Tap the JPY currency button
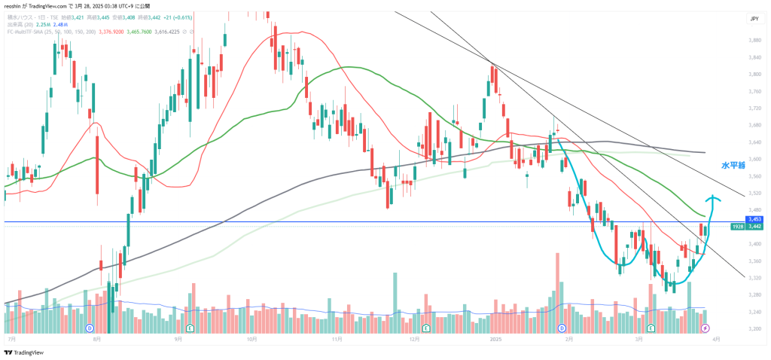754,19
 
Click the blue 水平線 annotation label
733,165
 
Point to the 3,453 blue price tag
755,219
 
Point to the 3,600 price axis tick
754,159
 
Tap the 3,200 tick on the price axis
754,329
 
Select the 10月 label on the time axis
252,340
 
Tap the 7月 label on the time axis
12,340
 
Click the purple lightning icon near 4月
705,329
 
